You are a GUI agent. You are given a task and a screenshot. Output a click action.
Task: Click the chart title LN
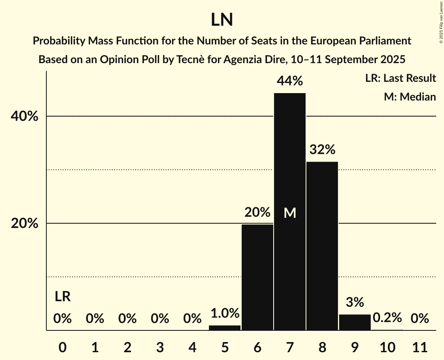coord(222,20)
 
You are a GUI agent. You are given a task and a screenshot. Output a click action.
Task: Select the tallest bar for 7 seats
coord(290,175)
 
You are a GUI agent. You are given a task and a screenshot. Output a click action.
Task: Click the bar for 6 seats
coord(257,277)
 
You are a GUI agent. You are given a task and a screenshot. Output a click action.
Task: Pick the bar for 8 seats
coord(322,245)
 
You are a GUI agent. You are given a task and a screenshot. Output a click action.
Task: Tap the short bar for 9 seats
coord(355,322)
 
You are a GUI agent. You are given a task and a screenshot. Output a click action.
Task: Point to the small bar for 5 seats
coord(225,328)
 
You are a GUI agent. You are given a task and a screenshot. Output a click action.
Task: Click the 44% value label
coord(290,81)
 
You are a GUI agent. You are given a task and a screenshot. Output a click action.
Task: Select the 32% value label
coord(322,150)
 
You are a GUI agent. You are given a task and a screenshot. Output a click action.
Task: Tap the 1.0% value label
coord(225,313)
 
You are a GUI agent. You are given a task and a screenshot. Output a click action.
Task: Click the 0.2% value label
coord(387,318)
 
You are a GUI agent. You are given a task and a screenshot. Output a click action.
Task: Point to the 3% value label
coord(355,302)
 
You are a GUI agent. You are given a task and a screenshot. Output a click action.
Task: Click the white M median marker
coord(290,213)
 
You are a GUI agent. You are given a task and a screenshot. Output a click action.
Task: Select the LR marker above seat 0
coord(62,297)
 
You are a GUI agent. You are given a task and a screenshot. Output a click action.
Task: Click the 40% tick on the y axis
coord(24,116)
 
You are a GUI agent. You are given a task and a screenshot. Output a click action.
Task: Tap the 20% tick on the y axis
coord(24,224)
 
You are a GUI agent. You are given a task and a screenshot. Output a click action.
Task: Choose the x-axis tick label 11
coord(419,346)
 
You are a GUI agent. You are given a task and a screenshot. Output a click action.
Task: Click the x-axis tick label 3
coord(160,346)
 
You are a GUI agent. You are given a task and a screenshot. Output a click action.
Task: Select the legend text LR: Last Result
coord(400,78)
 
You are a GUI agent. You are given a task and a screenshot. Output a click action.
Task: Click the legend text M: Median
coord(410,97)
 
